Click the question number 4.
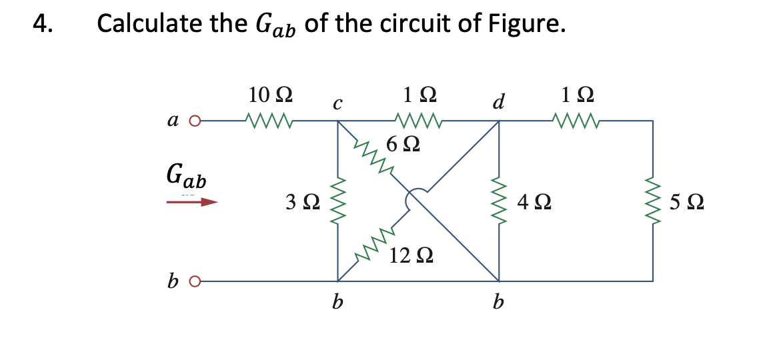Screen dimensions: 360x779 pos(41,25)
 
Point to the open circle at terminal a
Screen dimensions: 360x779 pos(195,121)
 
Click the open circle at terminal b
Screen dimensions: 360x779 pos(195,281)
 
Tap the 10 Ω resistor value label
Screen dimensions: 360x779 pos(269,95)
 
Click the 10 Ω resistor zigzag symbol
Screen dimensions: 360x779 pos(269,121)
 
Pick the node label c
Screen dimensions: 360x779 pos(337,103)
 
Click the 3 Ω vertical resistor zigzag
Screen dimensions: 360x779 pos(337,201)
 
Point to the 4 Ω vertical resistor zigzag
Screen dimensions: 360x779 pos(498,201)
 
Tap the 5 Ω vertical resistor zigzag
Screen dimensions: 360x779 pos(652,201)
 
